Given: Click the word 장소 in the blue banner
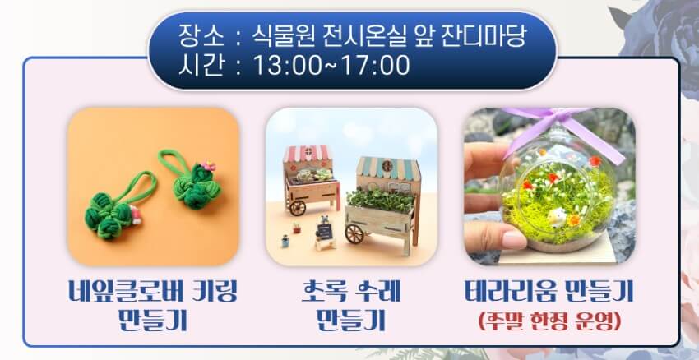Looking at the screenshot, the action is pos(201,35).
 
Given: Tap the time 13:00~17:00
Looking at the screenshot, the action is pos(331,66).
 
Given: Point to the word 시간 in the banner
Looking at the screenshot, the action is pos(201,66).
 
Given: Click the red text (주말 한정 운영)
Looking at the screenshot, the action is pos(549,321).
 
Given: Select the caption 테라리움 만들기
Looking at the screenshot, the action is pos(549,291).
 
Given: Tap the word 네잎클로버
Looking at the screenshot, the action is pos(119,291).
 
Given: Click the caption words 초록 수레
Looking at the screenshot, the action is pos(351,291).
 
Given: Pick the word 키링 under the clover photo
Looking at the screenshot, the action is pos(211,291).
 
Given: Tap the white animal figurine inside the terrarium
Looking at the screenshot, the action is pos(557,218).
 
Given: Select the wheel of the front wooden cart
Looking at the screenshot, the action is pos(354,234).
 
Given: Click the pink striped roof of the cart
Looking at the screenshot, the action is pos(308,153).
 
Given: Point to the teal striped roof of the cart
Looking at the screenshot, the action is pos(388,168).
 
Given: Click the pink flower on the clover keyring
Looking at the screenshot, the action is pos(207,167).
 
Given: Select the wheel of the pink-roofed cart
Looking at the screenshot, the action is pos(298,207).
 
